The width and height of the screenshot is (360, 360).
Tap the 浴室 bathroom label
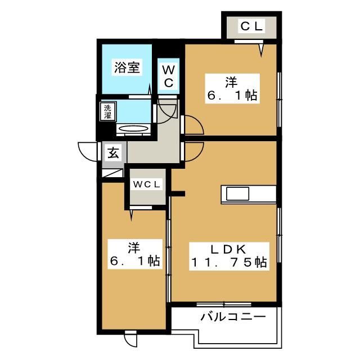point(127,67)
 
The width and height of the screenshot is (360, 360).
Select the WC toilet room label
point(169,76)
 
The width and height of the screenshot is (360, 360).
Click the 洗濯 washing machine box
point(107,111)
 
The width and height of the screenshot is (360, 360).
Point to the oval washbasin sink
point(134,129)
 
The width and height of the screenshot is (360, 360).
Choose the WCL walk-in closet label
point(147,184)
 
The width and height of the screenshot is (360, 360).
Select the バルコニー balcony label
point(233,317)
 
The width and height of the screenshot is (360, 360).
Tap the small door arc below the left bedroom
point(130,340)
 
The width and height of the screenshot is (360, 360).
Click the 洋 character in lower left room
point(133,246)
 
